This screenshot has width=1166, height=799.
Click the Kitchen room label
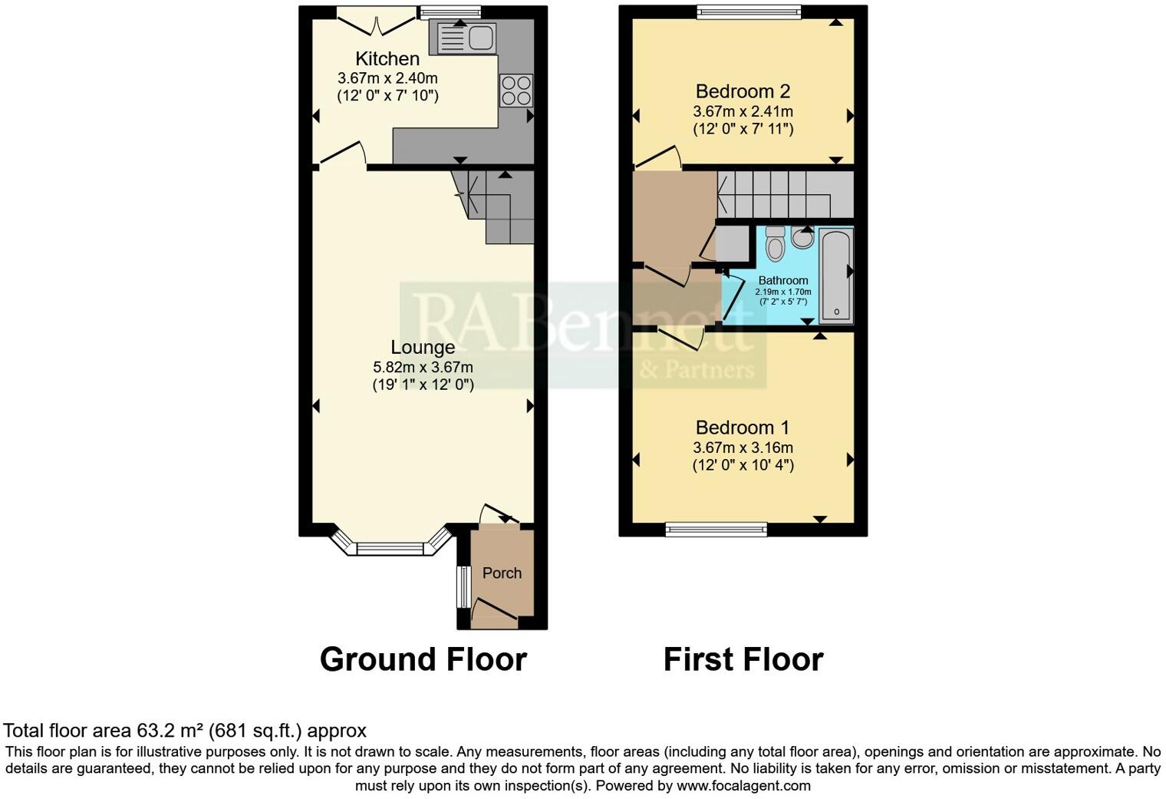tap(387, 59)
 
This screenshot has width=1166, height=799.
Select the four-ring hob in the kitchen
tap(515, 90)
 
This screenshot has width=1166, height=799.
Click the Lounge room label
tap(423, 348)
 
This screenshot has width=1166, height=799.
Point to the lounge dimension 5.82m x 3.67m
tap(423, 367)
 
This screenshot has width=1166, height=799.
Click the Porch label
tap(502, 573)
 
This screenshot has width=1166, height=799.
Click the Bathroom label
tap(783, 281)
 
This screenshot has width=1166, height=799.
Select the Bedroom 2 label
tap(742, 92)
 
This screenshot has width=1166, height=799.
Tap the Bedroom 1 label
tap(742, 428)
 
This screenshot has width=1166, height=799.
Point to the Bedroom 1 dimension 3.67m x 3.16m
tap(743, 447)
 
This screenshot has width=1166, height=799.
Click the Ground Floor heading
tap(423, 659)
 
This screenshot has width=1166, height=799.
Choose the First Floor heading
tap(743, 659)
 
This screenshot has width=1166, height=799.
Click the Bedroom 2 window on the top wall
tap(749, 12)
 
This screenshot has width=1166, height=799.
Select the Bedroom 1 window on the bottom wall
tap(716, 529)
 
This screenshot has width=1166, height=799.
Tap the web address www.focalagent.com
tap(743, 785)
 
